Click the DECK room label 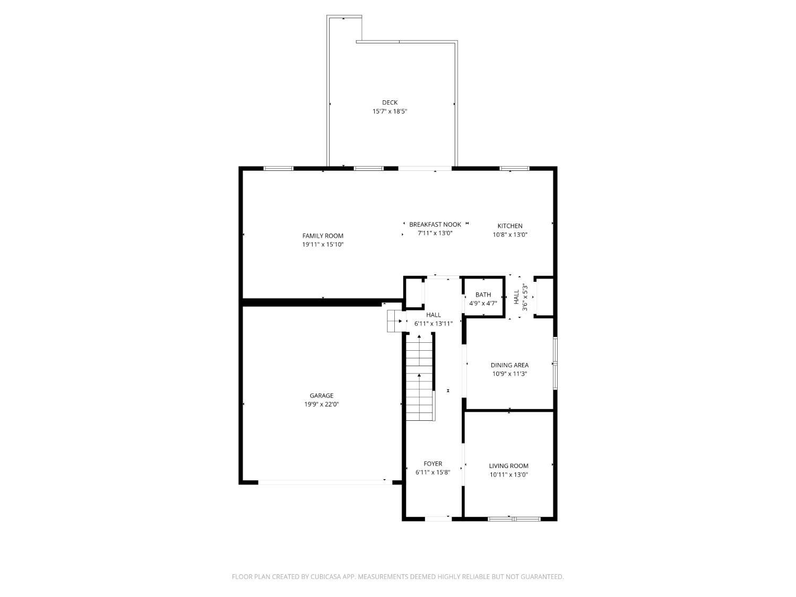pyautogui.click(x=390, y=102)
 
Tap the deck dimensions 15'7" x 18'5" pyautogui.click(x=390, y=111)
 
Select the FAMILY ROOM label pyautogui.click(x=323, y=236)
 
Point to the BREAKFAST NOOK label pyautogui.click(x=435, y=224)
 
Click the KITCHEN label pyautogui.click(x=510, y=226)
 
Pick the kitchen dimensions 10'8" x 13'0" pyautogui.click(x=510, y=235)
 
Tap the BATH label pyautogui.click(x=483, y=295)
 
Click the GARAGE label pyautogui.click(x=321, y=395)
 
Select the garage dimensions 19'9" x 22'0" pyautogui.click(x=321, y=404)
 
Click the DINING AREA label pyautogui.click(x=509, y=365)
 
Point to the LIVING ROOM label pyautogui.click(x=508, y=466)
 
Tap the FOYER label pyautogui.click(x=432, y=464)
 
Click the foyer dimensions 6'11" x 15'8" pyautogui.click(x=432, y=472)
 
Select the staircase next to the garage pyautogui.click(x=420, y=376)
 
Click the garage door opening pyautogui.click(x=325, y=482)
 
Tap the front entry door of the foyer pyautogui.click(x=438, y=518)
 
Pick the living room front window pyautogui.click(x=514, y=519)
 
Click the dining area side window pyautogui.click(x=555, y=363)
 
